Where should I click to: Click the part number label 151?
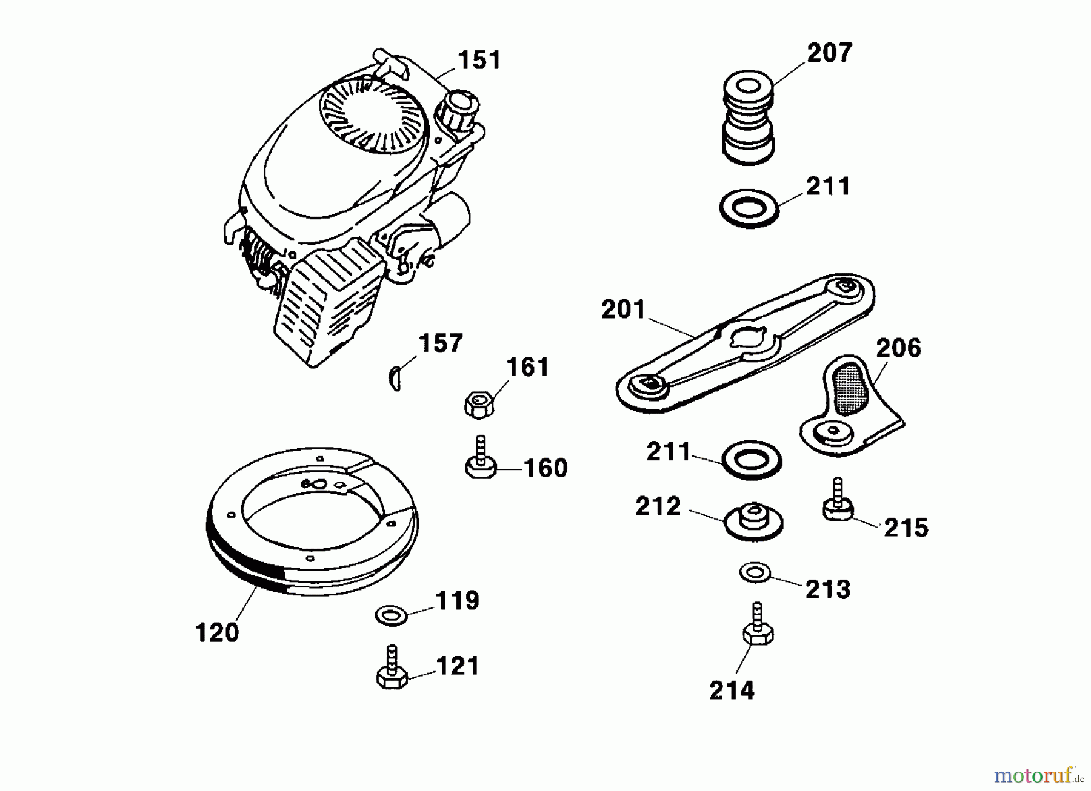pyautogui.click(x=479, y=61)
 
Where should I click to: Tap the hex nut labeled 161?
pyautogui.click(x=479, y=403)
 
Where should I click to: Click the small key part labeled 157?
pyautogui.click(x=394, y=379)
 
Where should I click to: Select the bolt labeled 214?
pyautogui.click(x=757, y=627)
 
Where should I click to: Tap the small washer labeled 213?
pyautogui.click(x=755, y=572)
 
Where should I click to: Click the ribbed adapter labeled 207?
pyautogui.click(x=749, y=118)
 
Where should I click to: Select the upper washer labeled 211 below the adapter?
pyautogui.click(x=749, y=210)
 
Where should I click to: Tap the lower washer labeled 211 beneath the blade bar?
pyautogui.click(x=752, y=460)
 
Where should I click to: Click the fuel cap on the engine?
pyautogui.click(x=455, y=110)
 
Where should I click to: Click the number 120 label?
pyautogui.click(x=217, y=633)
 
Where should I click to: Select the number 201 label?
pyautogui.click(x=623, y=309)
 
